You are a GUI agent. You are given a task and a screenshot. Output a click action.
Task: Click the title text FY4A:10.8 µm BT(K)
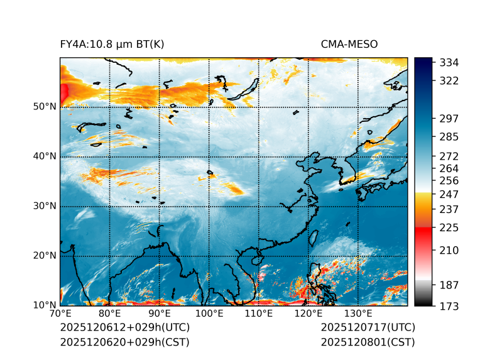112,44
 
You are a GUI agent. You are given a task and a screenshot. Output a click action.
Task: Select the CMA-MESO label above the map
349,44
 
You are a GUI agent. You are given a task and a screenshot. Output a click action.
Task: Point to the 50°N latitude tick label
45,107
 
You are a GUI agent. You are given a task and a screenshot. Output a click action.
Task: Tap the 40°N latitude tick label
45,156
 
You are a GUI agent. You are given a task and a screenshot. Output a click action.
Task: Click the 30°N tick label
45,206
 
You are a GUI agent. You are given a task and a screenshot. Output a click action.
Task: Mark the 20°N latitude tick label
45,256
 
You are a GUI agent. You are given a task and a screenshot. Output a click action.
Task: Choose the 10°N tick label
45,305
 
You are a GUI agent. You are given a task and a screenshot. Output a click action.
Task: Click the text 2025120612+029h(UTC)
124,328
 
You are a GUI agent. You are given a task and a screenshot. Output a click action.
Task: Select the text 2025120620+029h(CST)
124,342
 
